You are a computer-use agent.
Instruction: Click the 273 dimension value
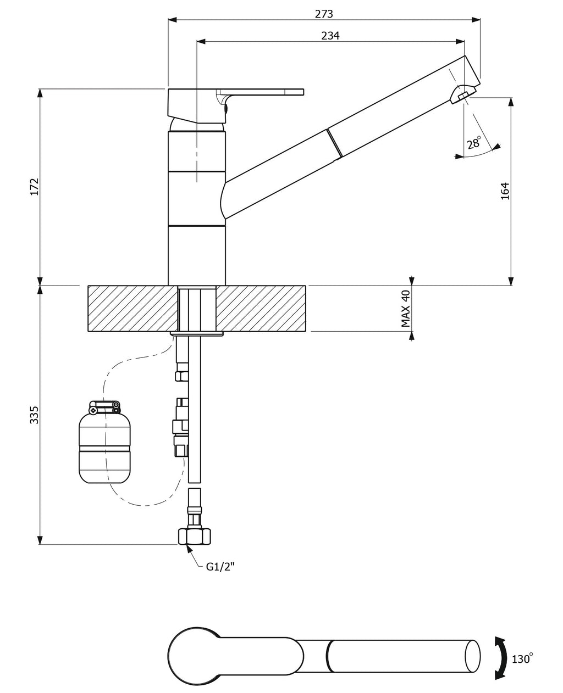[x=324, y=14]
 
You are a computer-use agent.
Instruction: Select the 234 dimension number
[x=330, y=36]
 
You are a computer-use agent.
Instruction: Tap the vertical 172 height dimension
[x=35, y=187]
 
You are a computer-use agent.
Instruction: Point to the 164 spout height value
[x=505, y=191]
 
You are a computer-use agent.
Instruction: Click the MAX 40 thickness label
[x=406, y=308]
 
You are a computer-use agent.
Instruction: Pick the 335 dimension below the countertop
[x=35, y=415]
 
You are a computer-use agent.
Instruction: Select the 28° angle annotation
[x=474, y=142]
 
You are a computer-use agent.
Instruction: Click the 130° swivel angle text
[x=523, y=657]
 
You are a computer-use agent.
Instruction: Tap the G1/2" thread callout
[x=220, y=567]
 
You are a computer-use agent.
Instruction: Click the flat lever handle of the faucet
[x=261, y=92]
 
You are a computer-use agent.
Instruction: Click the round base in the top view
[x=195, y=656]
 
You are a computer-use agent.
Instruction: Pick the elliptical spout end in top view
[x=472, y=656]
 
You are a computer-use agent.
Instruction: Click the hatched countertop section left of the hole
[x=133, y=309]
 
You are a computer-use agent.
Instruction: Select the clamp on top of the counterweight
[x=104, y=407]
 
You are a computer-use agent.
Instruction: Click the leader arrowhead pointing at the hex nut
[x=188, y=549]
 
